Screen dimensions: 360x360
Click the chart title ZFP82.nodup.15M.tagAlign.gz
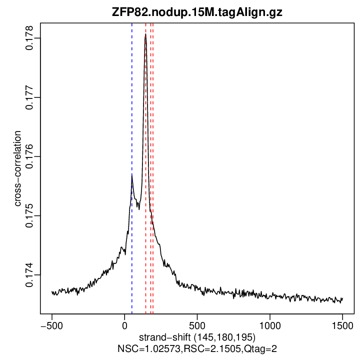pos(197,12)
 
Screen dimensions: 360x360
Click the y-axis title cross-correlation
pos(17,168)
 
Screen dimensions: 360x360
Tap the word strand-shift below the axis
pos(165,336)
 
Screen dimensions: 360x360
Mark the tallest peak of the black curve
pos(145,34)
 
